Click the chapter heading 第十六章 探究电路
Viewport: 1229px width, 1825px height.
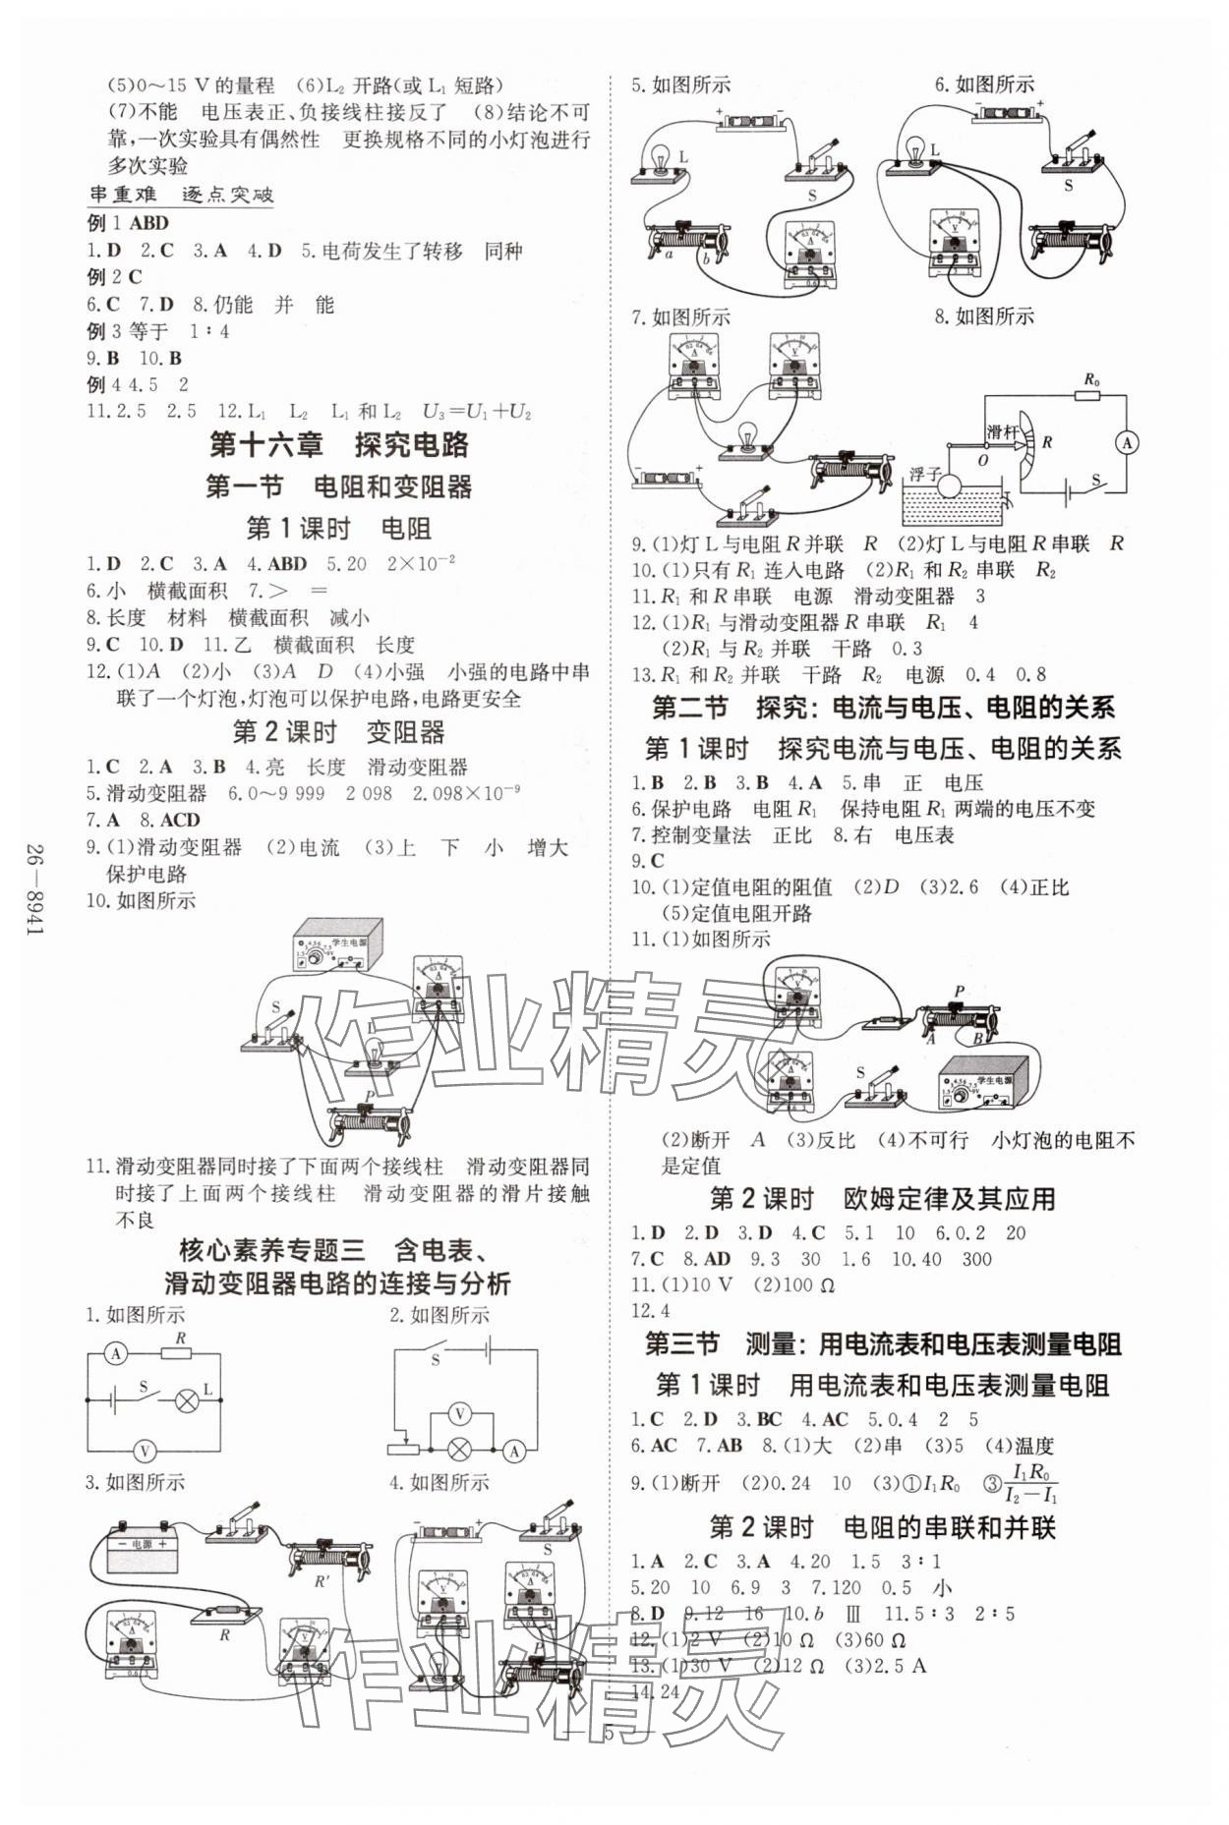(x=339, y=445)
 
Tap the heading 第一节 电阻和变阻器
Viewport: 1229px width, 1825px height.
(x=338, y=486)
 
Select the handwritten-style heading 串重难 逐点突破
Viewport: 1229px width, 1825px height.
(x=181, y=195)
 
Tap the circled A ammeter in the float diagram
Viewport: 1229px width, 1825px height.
(x=1127, y=443)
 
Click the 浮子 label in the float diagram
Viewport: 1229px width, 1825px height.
(x=925, y=473)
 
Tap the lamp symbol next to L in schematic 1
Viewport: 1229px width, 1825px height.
(x=185, y=1399)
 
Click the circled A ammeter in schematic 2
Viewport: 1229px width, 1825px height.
(x=513, y=1450)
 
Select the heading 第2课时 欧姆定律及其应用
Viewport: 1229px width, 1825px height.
(x=882, y=1199)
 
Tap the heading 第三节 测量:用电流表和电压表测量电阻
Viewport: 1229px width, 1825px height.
(x=882, y=1343)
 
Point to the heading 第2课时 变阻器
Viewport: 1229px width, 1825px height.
(x=338, y=732)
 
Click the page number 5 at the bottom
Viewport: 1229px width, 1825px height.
(x=610, y=1734)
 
